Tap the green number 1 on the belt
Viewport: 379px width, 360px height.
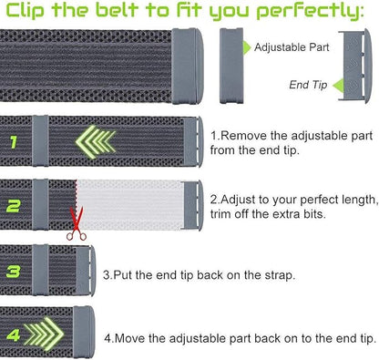pyautogui.click(x=15, y=141)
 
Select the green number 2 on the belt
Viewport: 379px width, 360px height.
pyautogui.click(x=15, y=206)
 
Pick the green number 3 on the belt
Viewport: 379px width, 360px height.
pyautogui.click(x=14, y=271)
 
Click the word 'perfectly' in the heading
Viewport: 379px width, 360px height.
pyautogui.click(x=315, y=13)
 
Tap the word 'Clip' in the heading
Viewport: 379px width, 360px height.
pyautogui.click(x=28, y=13)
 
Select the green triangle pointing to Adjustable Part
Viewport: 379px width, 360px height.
pyautogui.click(x=245, y=46)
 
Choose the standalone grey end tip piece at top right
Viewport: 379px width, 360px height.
pyautogui.click(x=355, y=65)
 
